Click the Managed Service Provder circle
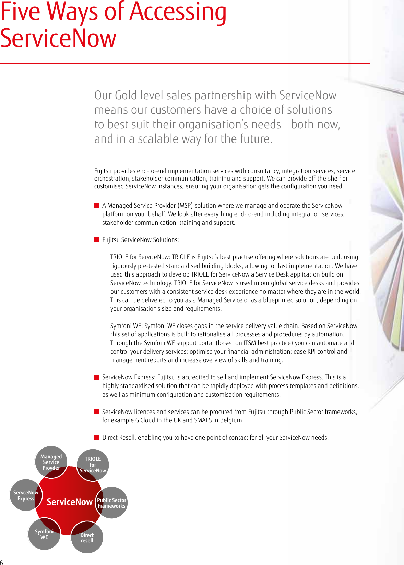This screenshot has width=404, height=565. point(51,462)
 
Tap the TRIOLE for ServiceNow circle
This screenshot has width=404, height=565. point(93,465)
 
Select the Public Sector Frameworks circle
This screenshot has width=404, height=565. point(111,503)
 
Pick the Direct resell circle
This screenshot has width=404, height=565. point(87,537)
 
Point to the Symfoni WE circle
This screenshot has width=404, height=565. point(44,534)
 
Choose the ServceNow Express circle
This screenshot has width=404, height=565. point(25,495)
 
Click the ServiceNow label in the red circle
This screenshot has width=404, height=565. point(70,502)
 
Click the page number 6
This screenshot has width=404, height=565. point(2,562)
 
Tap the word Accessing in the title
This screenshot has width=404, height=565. point(178,12)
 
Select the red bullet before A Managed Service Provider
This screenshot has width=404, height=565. point(97,205)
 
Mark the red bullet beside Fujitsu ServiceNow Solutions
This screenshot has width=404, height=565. point(97,239)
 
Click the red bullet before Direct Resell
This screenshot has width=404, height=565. point(97,437)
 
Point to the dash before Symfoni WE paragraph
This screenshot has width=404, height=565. point(104,326)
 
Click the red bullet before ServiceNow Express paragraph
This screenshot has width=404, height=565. point(97,377)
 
